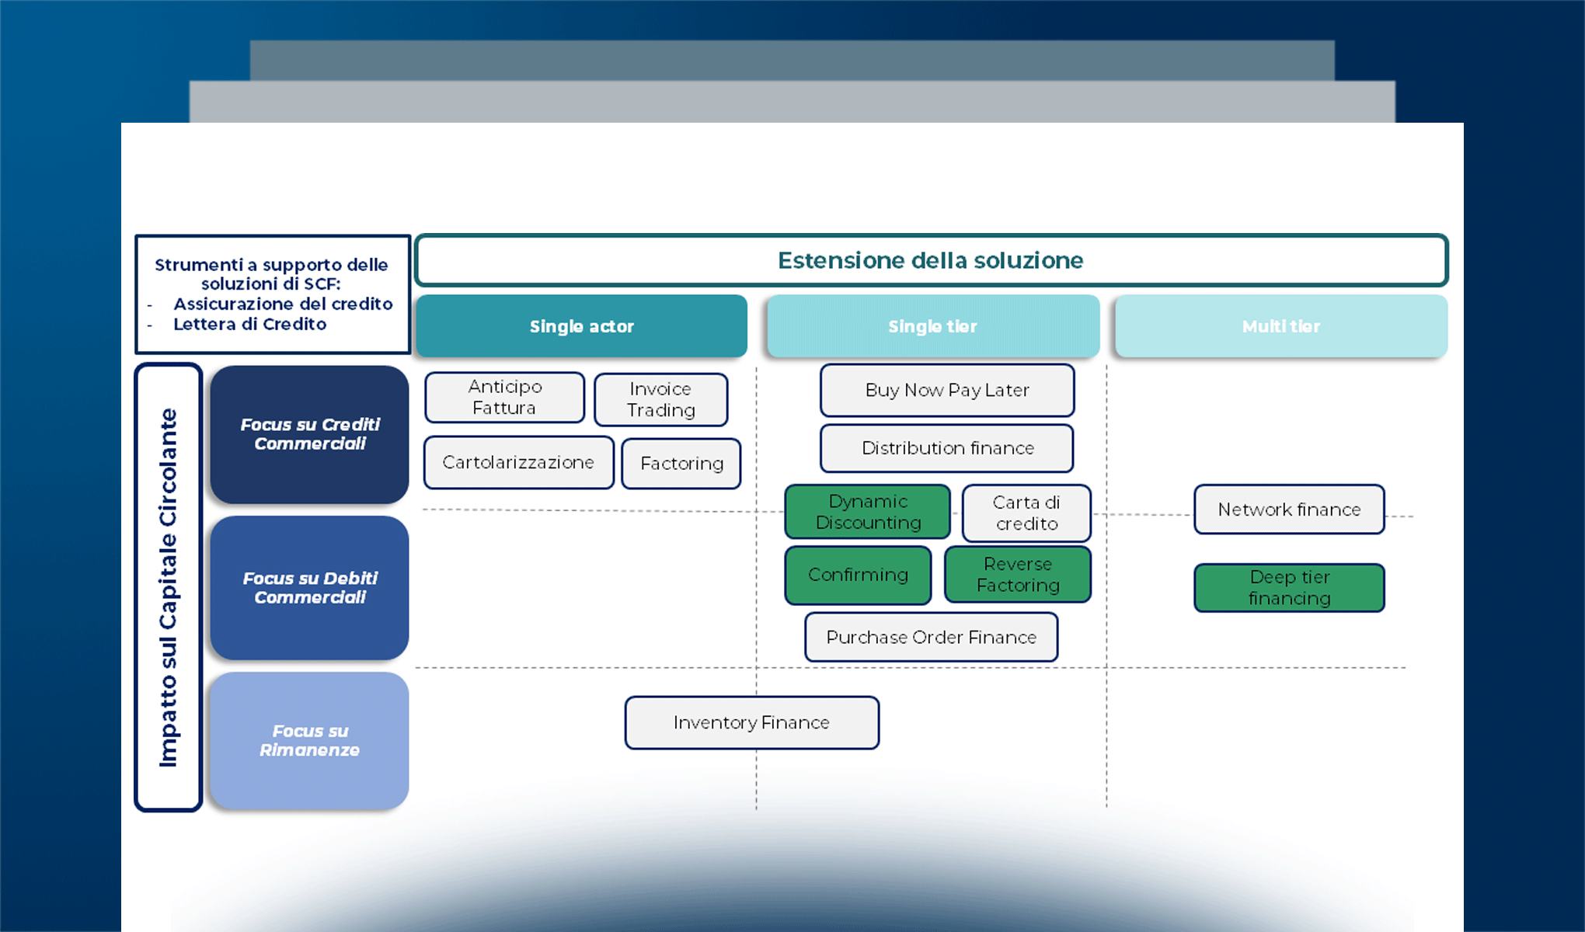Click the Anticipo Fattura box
coord(504,397)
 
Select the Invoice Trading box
coord(660,399)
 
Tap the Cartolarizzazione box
coord(518,462)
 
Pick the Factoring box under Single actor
coord(681,464)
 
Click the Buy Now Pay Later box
coord(947,390)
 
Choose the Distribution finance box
coord(947,448)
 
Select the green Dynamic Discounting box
coord(867,512)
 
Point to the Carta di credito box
coord(1026,513)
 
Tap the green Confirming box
coord(858,575)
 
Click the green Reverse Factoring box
coord(1018,575)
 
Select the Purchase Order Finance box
coord(931,637)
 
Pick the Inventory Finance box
coord(751,722)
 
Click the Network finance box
coord(1289,509)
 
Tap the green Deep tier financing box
coord(1289,588)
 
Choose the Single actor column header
coord(581,326)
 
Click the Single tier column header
coord(932,326)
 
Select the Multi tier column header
coord(1280,326)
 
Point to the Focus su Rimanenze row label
coord(309,741)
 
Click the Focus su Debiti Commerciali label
coord(309,588)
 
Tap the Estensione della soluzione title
coord(931,260)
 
